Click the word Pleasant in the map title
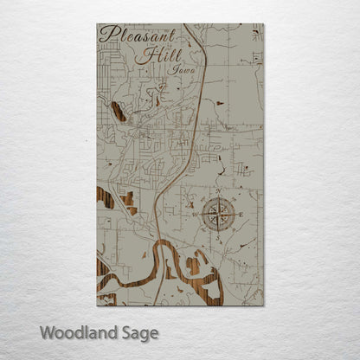138,35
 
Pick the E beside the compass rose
240,212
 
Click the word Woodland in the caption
78,332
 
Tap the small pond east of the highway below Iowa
219,103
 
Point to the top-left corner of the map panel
96,24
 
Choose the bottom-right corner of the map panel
264,305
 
